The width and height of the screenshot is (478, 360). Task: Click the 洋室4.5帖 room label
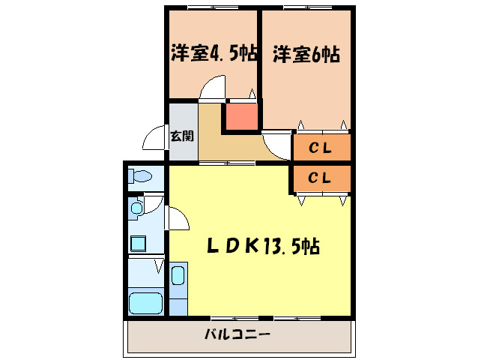214,53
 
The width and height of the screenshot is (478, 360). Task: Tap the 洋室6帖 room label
306,54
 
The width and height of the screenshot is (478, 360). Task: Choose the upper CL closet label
321,148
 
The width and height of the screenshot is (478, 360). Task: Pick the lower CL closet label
321,178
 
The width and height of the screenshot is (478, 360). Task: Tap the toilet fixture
140,177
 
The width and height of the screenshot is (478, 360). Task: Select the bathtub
146,303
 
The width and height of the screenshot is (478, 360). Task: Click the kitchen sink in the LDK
178,276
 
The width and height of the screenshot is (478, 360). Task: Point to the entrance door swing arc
154,138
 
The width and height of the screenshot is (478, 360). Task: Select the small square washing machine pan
139,243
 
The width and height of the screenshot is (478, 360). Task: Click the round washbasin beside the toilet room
137,207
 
